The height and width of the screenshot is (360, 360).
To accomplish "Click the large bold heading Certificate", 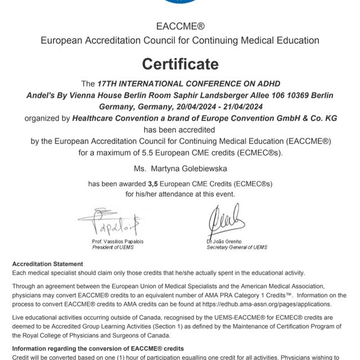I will [x=179, y=64].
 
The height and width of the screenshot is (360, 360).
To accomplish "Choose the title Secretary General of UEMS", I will [x=237, y=247].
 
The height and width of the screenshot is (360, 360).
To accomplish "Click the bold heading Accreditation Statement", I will [x=48, y=264].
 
